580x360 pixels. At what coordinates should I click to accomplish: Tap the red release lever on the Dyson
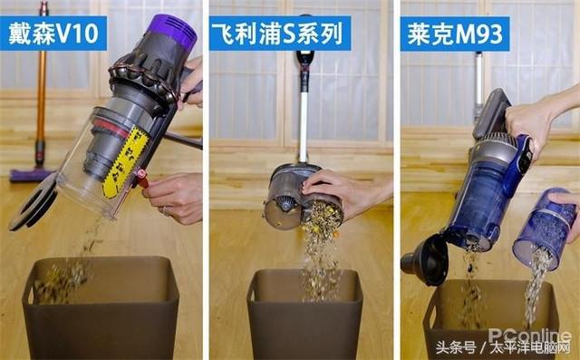coord(141,179)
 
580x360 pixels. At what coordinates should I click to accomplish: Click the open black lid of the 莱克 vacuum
coord(426,259)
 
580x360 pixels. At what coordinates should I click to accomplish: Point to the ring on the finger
coord(165,211)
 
